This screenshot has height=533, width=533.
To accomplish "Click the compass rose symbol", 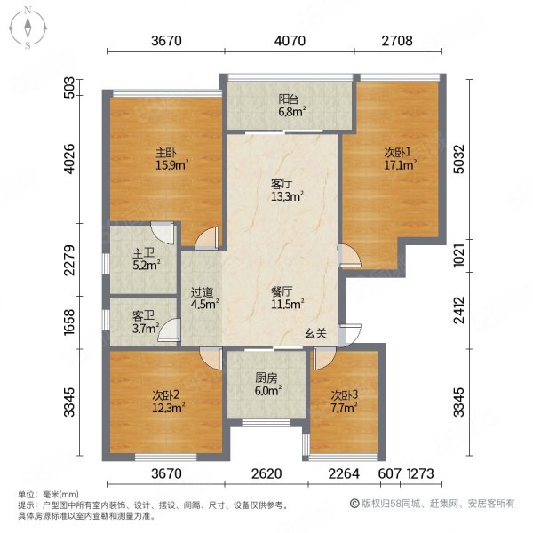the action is click(28, 28).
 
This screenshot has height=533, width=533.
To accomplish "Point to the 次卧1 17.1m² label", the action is click(401, 158).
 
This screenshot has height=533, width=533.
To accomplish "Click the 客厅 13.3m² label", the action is click(287, 190).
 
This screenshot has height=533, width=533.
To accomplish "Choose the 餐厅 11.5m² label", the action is click(287, 298).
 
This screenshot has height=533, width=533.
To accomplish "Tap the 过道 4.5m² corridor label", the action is click(204, 298).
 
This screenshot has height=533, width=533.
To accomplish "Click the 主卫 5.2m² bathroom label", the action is click(147, 259).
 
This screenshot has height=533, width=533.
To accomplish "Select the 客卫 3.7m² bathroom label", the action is click(147, 322).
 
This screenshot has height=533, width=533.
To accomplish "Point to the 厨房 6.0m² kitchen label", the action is click(268, 384).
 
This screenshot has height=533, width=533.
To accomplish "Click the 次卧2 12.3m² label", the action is click(168, 401).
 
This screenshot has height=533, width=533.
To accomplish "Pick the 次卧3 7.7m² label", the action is click(344, 401).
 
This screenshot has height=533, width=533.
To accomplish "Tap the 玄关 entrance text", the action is click(315, 333).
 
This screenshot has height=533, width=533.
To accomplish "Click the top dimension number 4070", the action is click(290, 41).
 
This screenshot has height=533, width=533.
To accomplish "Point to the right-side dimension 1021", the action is click(459, 256).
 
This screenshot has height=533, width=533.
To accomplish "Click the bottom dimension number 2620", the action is click(266, 473).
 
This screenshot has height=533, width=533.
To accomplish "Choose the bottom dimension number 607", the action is click(390, 473).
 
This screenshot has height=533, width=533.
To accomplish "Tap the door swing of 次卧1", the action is click(350, 256).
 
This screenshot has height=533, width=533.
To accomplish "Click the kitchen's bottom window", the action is click(266, 423).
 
